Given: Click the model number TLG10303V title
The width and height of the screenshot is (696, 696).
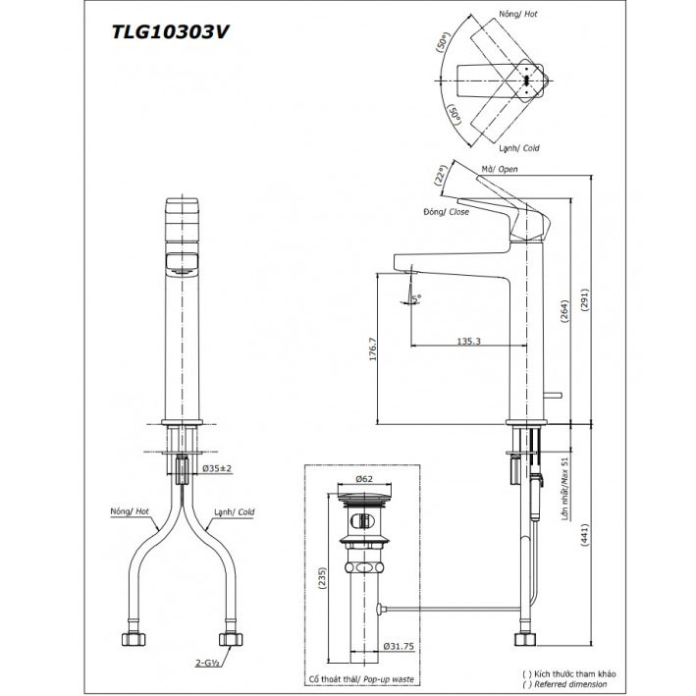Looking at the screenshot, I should click(x=173, y=30).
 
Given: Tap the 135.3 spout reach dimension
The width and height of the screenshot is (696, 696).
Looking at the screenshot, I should click(x=468, y=340).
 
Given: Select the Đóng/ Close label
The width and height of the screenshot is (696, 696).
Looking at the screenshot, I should click(x=447, y=212).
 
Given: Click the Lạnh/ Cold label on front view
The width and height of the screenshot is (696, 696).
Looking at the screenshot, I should click(x=232, y=511).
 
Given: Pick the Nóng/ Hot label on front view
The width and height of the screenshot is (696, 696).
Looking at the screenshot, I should click(x=131, y=511).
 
